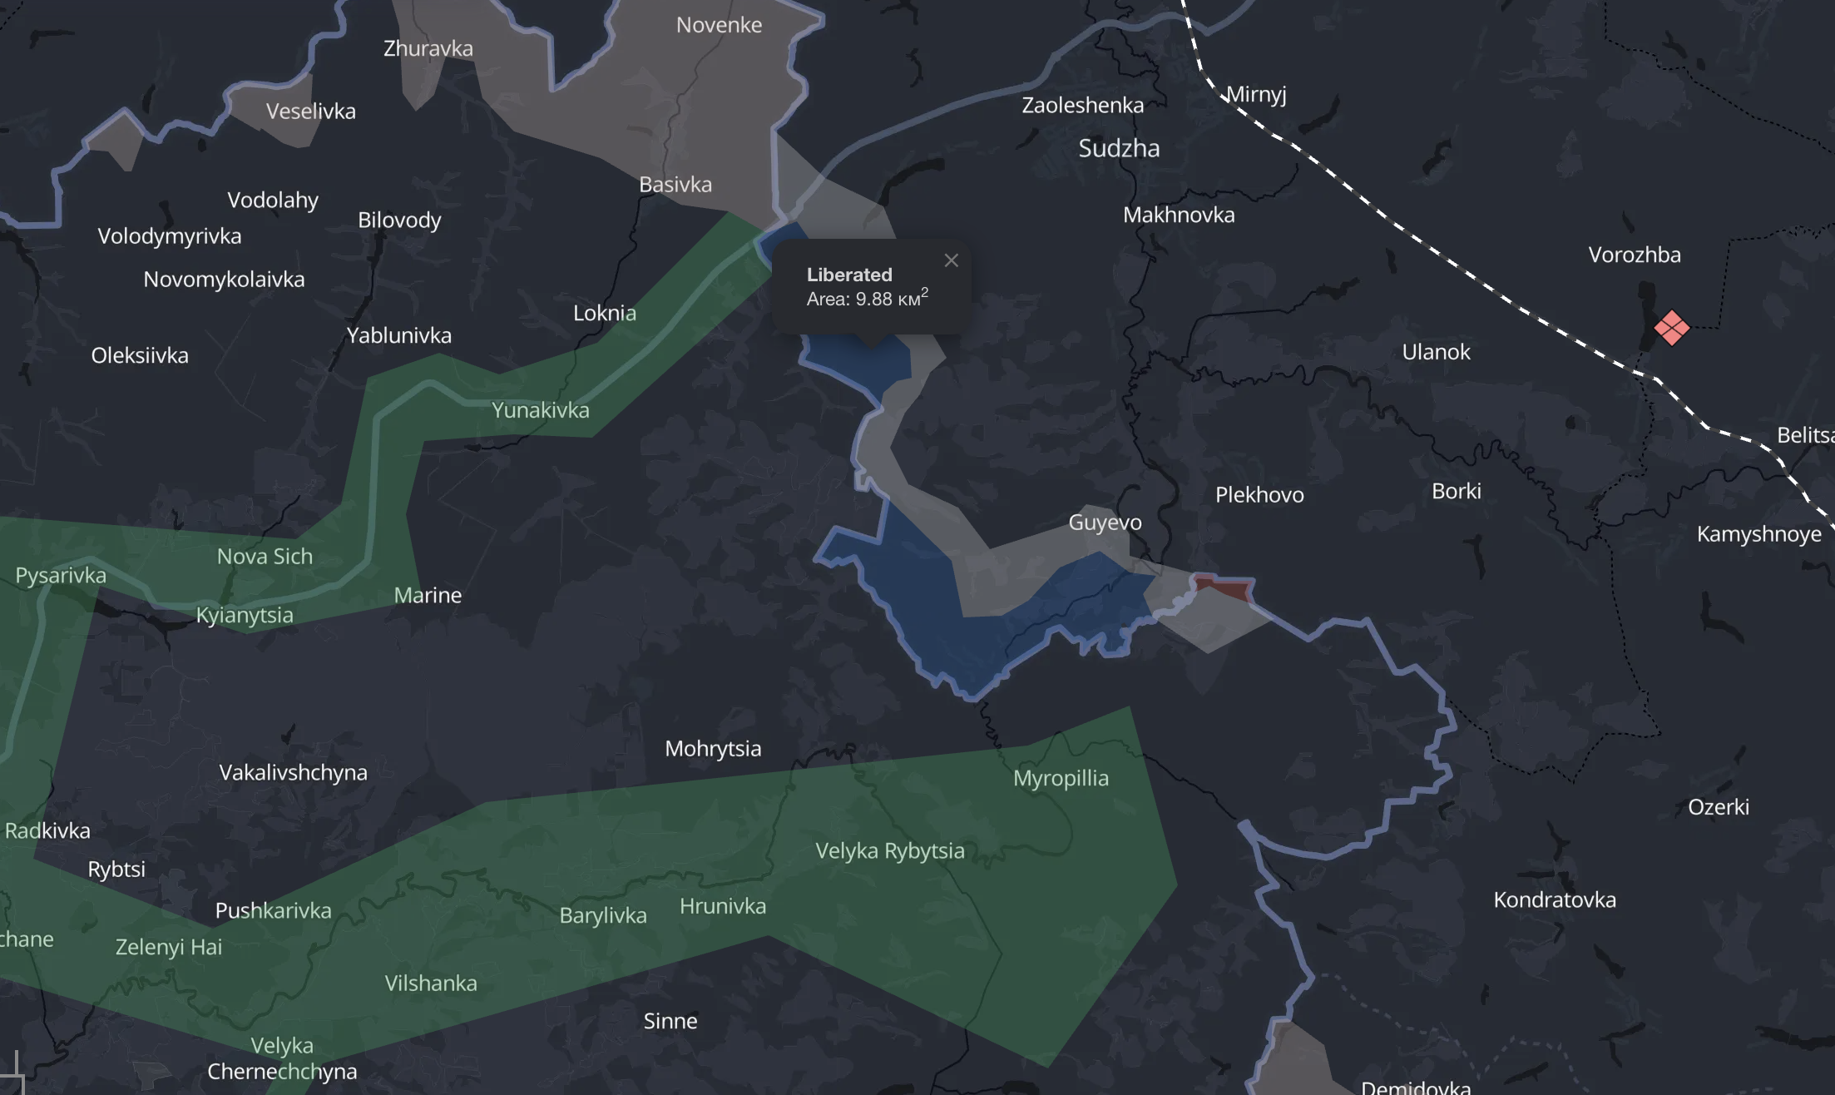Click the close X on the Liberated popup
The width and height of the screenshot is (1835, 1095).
click(952, 260)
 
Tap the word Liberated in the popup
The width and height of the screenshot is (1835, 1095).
click(849, 275)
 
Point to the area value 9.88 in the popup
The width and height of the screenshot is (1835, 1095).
click(873, 299)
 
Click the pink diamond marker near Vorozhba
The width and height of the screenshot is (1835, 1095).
click(1671, 328)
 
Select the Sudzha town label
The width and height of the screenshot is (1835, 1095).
click(1119, 148)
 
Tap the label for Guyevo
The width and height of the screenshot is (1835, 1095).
click(1105, 523)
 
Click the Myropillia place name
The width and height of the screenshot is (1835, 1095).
click(1061, 778)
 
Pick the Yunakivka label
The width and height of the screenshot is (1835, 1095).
click(541, 410)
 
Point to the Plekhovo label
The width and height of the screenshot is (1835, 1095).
click(1259, 495)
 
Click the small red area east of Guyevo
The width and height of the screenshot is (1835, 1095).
click(1223, 588)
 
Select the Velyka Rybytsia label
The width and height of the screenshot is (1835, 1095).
click(890, 850)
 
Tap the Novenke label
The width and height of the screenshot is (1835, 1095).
click(719, 25)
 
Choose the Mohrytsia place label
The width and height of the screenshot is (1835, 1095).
click(713, 748)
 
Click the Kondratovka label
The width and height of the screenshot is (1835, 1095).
click(1555, 899)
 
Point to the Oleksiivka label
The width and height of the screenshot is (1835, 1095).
click(140, 355)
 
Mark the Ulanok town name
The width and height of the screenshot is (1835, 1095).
click(1436, 352)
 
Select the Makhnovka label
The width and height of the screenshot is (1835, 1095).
click(1179, 215)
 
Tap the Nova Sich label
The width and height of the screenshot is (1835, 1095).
click(265, 556)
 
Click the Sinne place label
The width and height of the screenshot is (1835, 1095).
click(670, 1021)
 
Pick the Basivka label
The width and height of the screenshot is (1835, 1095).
click(675, 184)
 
